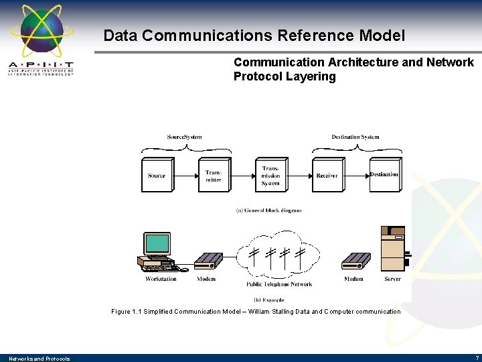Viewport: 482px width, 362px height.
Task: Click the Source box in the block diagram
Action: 157,175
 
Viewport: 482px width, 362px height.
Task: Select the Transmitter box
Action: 214,175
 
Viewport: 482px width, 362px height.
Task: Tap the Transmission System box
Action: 271,175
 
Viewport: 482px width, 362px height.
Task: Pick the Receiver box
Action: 327,175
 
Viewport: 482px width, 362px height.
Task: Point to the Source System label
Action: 184,137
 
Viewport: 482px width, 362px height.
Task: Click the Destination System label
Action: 355,137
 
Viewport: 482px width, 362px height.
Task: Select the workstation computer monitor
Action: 158,243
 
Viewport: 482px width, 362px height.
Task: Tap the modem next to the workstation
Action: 208,261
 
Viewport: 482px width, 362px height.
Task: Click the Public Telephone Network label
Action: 279,284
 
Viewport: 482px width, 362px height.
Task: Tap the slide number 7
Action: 477,358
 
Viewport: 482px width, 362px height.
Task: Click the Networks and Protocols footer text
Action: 39,359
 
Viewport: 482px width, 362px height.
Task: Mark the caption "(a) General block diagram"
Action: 268,210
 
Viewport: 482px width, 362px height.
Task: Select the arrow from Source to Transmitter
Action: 187,176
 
